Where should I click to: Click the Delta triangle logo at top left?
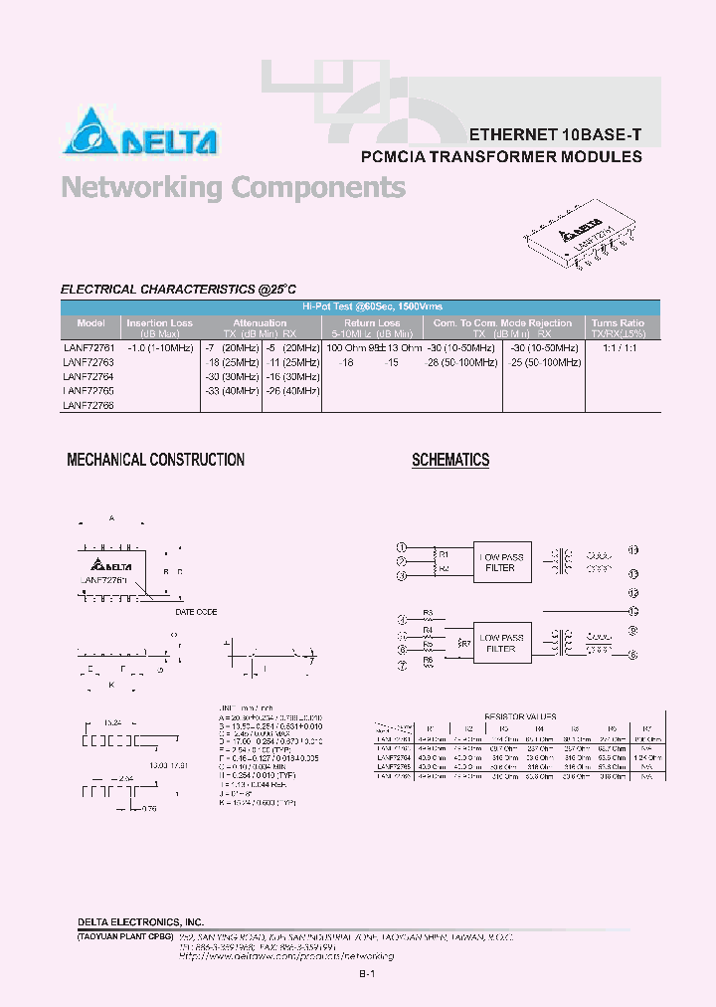point(91,131)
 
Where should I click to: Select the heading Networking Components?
point(233,187)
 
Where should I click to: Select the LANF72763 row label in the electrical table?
point(89,363)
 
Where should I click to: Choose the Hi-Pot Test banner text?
point(373,308)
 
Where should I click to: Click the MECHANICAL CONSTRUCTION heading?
point(155,460)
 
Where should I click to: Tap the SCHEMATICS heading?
point(450,460)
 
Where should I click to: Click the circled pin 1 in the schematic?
point(402,547)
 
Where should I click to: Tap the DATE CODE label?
point(196,612)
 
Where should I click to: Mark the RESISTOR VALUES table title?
point(519,716)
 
